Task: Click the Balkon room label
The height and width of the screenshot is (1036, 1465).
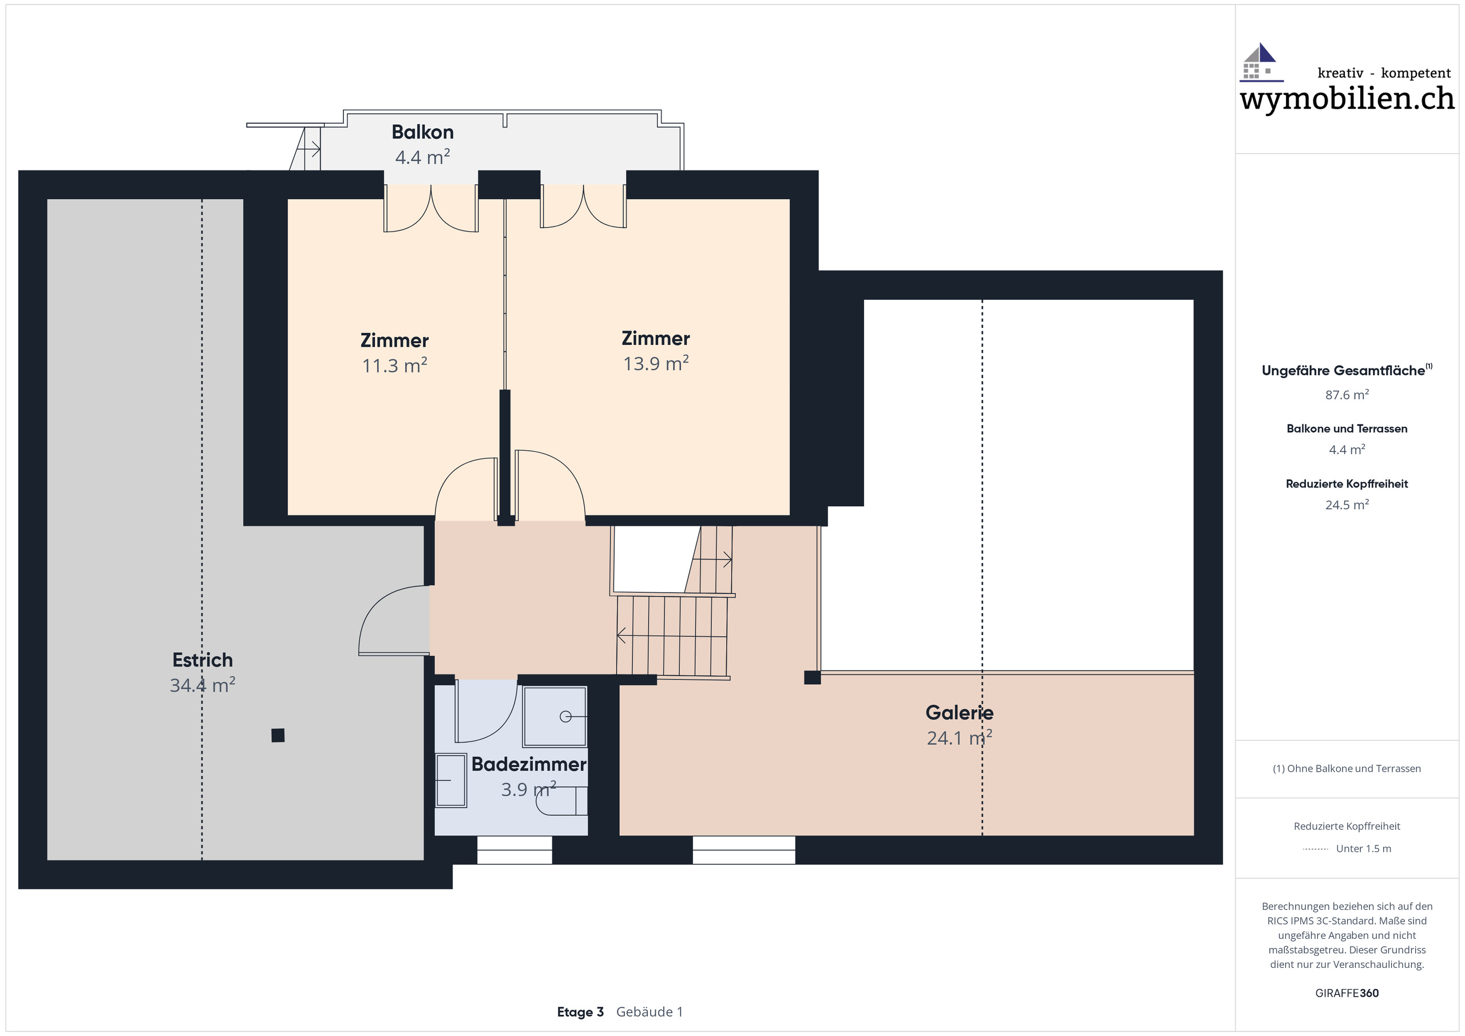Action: (422, 132)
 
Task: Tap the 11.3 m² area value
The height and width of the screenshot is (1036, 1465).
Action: (394, 366)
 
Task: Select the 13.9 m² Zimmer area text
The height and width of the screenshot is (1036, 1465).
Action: (655, 364)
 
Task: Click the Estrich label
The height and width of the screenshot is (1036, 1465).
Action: (202, 660)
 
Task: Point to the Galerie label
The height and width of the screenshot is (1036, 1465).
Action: (959, 713)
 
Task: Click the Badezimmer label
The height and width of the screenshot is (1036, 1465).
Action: (528, 764)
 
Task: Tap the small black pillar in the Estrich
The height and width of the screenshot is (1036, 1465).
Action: (278, 736)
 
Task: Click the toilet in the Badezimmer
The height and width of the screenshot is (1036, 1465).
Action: (562, 801)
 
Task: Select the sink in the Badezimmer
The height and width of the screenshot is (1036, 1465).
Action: (451, 780)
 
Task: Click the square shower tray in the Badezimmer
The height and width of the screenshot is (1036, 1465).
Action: (555, 716)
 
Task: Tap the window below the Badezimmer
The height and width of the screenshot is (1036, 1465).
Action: (514, 850)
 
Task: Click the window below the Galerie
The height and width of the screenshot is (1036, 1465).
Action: (743, 850)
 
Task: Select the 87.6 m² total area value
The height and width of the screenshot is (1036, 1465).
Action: (1347, 395)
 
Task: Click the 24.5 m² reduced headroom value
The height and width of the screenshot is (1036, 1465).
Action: (1347, 505)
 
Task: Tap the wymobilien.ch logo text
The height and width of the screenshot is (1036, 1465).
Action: (1347, 99)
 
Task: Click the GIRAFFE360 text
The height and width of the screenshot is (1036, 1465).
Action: (1347, 993)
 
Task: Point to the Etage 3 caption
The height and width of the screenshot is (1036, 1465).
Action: (579, 1012)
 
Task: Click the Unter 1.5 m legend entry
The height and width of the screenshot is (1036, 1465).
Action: (1363, 848)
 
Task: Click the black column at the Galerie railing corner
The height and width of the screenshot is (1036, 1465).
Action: (811, 677)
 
